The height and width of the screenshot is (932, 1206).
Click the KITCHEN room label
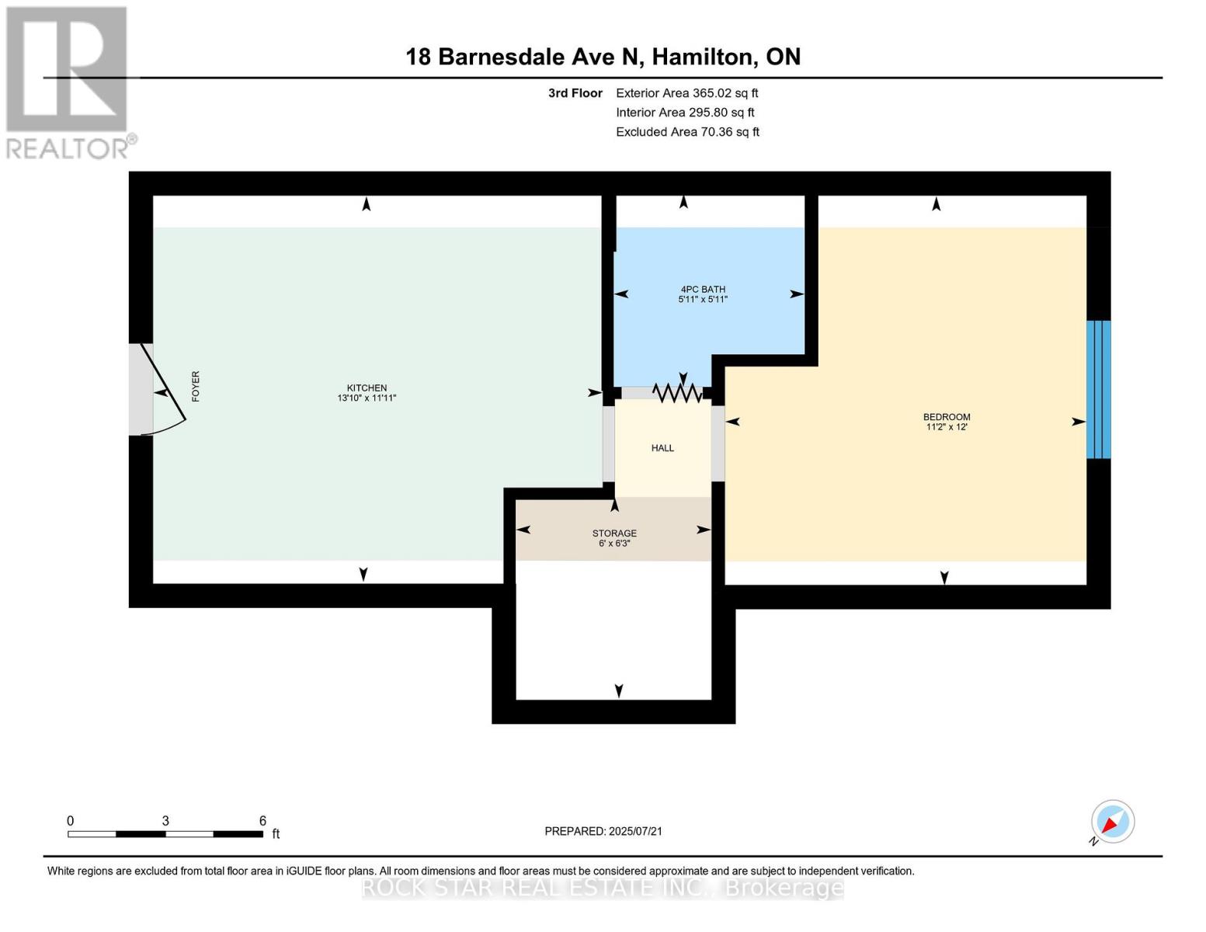pyautogui.click(x=367, y=388)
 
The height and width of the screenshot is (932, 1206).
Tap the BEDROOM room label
pyautogui.click(x=946, y=417)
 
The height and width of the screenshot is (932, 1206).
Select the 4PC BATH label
pyautogui.click(x=702, y=290)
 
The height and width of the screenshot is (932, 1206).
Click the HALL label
pyautogui.click(x=662, y=448)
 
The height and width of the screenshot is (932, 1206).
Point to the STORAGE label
pyautogui.click(x=614, y=534)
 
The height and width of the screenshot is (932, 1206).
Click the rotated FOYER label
pyautogui.click(x=196, y=386)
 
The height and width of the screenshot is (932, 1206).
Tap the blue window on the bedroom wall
pyautogui.click(x=1098, y=389)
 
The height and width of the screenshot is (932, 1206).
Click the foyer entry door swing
pyautogui.click(x=167, y=388)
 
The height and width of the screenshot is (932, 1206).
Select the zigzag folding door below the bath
pyautogui.click(x=677, y=394)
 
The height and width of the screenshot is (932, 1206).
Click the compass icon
pyautogui.click(x=1112, y=822)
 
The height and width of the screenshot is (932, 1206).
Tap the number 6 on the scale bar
pyautogui.click(x=262, y=821)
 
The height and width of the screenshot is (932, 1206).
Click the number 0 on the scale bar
pyautogui.click(x=71, y=821)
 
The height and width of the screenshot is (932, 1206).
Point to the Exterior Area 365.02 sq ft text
pyautogui.click(x=686, y=92)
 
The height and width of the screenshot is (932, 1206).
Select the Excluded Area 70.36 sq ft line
pyautogui.click(x=687, y=132)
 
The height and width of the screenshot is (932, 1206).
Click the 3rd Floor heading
pyautogui.click(x=575, y=93)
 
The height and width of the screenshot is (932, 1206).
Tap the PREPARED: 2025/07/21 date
pyautogui.click(x=603, y=831)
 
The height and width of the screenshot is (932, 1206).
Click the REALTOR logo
pyautogui.click(x=68, y=82)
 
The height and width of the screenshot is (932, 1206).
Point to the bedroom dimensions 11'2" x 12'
pyautogui.click(x=946, y=427)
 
